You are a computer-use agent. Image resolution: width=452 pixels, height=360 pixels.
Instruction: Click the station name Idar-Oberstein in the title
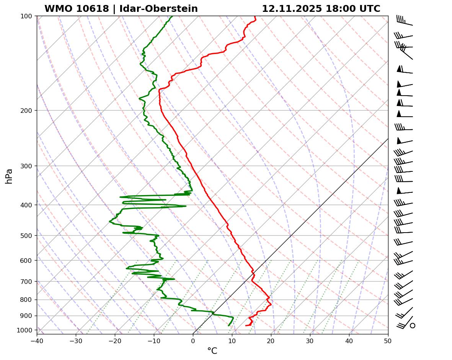click(158, 9)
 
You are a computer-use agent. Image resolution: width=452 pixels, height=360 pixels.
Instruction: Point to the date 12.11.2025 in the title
click(292, 9)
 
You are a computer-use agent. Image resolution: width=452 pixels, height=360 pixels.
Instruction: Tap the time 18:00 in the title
click(339, 9)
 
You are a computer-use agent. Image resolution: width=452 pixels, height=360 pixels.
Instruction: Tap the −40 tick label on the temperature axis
click(37, 340)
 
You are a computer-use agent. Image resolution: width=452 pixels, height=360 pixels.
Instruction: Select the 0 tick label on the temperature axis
click(193, 340)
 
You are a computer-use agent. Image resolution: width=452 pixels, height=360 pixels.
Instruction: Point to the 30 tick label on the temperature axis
click(310, 340)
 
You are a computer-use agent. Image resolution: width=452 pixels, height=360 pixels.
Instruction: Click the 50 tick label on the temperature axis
click(388, 340)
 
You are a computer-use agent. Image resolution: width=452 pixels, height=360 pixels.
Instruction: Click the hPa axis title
click(9, 176)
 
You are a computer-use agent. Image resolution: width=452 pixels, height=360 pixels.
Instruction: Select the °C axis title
click(212, 351)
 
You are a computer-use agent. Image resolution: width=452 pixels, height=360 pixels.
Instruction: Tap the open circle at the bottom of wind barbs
click(413, 326)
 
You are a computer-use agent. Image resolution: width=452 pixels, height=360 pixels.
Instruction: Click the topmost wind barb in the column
click(404, 21)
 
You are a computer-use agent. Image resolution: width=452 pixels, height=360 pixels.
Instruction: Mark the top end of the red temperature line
click(255, 16)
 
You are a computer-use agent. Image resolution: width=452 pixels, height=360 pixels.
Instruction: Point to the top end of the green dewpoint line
click(172, 16)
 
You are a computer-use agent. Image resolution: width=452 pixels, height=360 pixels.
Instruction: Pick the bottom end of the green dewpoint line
click(228, 326)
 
